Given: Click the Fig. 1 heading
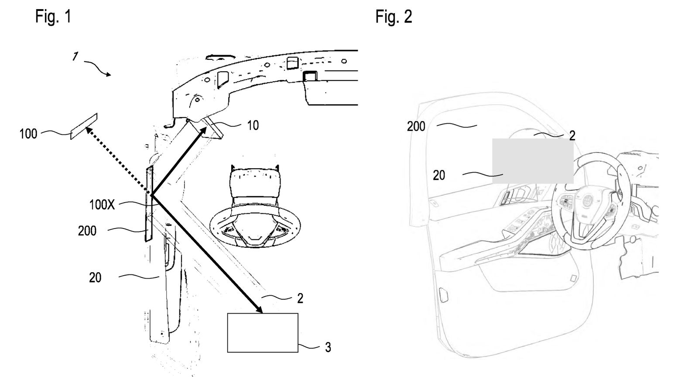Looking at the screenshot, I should [x=53, y=17].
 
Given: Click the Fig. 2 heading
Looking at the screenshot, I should [x=393, y=17].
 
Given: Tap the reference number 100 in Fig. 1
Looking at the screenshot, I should [x=28, y=134].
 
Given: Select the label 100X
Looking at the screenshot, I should [x=102, y=204].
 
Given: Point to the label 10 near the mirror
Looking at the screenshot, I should [x=253, y=125].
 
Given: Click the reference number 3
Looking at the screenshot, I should [x=328, y=347].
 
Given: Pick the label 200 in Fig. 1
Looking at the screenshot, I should [x=87, y=231].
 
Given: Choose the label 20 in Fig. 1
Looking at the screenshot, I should [x=95, y=277].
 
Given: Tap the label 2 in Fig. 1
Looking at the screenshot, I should [x=300, y=298].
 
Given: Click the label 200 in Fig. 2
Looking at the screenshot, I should [x=416, y=126].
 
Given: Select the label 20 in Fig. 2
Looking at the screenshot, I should [x=439, y=175].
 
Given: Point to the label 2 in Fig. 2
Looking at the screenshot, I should [x=572, y=135].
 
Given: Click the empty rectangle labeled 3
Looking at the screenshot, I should [x=263, y=332].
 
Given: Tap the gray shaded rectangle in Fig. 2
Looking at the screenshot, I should [x=533, y=161].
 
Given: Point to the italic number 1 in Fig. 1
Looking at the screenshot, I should [x=75, y=56].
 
